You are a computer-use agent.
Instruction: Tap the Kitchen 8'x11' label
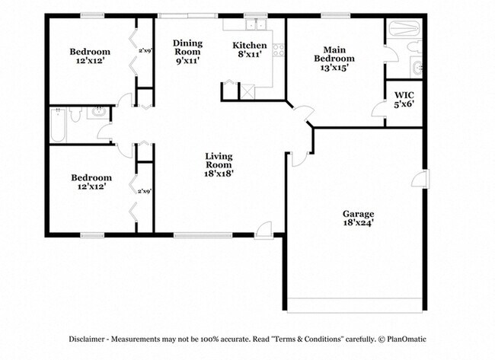tap(250, 50)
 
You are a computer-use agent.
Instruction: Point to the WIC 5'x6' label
tap(404, 100)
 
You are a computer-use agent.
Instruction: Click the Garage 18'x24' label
tap(357, 218)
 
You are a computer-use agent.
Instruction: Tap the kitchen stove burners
tap(278, 51)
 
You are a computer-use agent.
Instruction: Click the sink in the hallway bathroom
tap(96, 114)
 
